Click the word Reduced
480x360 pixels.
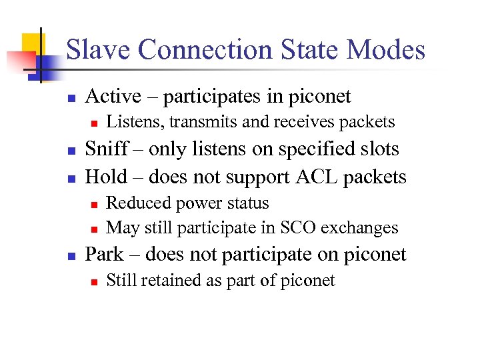pos(136,203)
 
